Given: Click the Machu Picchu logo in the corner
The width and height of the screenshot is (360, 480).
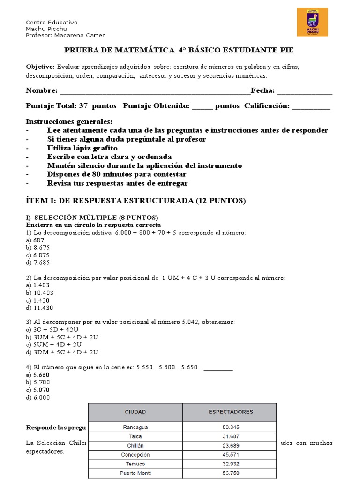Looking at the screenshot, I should click(x=312, y=22).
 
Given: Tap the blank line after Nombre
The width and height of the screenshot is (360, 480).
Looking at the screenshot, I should click(x=155, y=91).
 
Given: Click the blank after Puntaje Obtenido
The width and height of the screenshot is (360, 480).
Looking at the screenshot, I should click(x=202, y=107).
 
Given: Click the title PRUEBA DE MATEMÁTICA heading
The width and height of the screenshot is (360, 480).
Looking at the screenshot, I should click(x=179, y=50).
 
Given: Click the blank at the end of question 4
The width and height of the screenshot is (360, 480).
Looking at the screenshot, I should click(x=218, y=367).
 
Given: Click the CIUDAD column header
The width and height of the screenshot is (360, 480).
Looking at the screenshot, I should click(x=135, y=412).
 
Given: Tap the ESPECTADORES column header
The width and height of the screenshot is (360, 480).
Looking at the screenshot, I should click(x=230, y=412).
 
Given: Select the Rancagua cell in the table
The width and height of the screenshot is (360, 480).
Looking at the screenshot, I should click(x=135, y=427).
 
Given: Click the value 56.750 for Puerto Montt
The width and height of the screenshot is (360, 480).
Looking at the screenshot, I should click(x=230, y=473).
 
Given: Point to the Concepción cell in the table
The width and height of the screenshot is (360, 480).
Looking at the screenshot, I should click(x=135, y=455).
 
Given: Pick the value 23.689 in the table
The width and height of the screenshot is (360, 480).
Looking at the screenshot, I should click(x=230, y=445).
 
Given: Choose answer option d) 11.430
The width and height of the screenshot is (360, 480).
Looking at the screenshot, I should click(x=40, y=308).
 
